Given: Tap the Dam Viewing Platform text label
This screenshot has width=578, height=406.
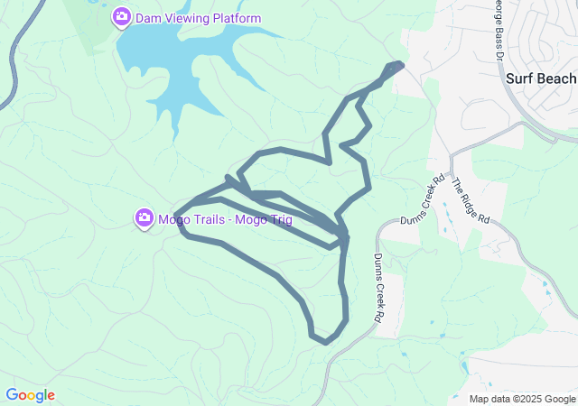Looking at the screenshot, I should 199,18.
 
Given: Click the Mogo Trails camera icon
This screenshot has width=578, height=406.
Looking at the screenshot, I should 144,218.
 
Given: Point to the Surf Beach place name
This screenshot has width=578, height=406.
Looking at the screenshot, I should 540,78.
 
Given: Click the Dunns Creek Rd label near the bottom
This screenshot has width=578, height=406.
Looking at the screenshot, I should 378,288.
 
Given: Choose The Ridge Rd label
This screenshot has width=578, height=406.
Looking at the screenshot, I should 471,200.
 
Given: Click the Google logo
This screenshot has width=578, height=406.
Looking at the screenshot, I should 30,395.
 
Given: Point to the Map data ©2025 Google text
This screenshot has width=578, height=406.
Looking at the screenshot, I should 522,399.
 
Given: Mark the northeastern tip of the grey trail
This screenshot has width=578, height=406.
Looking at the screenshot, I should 397,65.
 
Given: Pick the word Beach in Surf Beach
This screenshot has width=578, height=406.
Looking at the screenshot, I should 557,78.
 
